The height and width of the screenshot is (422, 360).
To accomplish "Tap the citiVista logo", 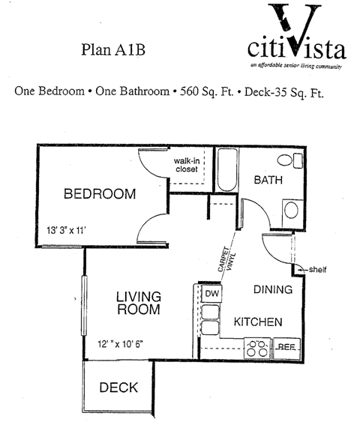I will [297, 41].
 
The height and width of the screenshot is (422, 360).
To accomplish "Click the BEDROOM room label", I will [100, 194].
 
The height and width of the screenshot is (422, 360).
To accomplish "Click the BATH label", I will [268, 181].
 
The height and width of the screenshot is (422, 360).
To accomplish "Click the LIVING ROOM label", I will [139, 303].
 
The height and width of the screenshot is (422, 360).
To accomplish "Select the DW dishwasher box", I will [211, 294].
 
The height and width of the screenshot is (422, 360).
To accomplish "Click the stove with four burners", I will [257, 347].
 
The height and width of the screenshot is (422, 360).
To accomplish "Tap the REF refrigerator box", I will [286, 347].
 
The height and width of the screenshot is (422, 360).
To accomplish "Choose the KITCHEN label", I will [258, 322].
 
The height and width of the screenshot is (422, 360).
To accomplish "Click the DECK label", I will [119, 388].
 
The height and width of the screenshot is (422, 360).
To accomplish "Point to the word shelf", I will [317, 270].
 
